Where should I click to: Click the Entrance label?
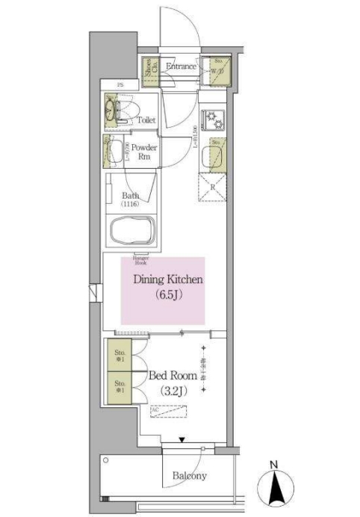(181, 66)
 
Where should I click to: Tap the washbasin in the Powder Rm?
(116, 152)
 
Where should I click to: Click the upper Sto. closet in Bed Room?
(118, 355)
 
